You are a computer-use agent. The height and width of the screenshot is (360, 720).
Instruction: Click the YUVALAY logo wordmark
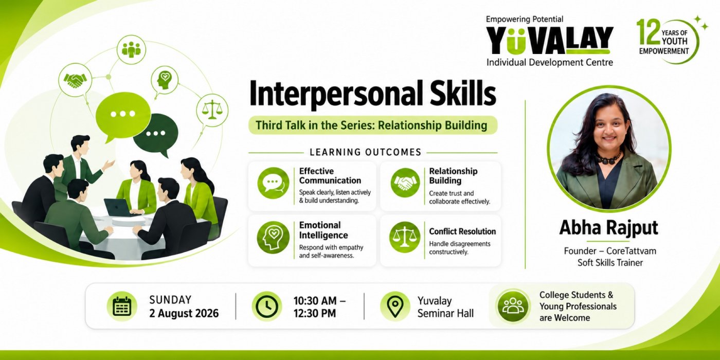point(550,40)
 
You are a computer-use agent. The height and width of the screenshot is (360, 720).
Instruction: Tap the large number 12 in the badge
point(649,32)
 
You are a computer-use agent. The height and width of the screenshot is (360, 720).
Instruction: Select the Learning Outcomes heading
point(366,152)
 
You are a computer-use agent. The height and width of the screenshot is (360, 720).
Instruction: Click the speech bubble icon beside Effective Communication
point(273,183)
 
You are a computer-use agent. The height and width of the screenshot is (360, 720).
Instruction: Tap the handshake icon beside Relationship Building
point(405,183)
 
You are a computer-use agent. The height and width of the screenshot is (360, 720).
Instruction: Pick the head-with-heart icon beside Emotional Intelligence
point(273,238)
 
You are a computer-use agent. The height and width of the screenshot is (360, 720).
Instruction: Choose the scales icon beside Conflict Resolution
point(405,237)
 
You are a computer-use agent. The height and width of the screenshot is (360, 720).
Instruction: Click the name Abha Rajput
point(608,227)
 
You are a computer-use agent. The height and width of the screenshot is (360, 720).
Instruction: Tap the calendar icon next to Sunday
point(122,307)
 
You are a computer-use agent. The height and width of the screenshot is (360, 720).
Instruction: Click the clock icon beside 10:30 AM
point(267,307)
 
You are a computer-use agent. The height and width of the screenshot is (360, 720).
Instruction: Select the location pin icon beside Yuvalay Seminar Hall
point(395,307)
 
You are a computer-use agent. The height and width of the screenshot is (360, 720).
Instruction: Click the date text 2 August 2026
point(184,313)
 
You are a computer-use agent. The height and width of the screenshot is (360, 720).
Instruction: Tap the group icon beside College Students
point(513,307)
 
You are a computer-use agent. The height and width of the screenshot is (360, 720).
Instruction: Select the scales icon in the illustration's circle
point(212,110)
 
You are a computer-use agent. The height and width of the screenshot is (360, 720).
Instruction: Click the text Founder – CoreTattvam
point(610,251)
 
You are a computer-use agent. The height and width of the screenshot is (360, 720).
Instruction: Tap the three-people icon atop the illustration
point(131,49)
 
